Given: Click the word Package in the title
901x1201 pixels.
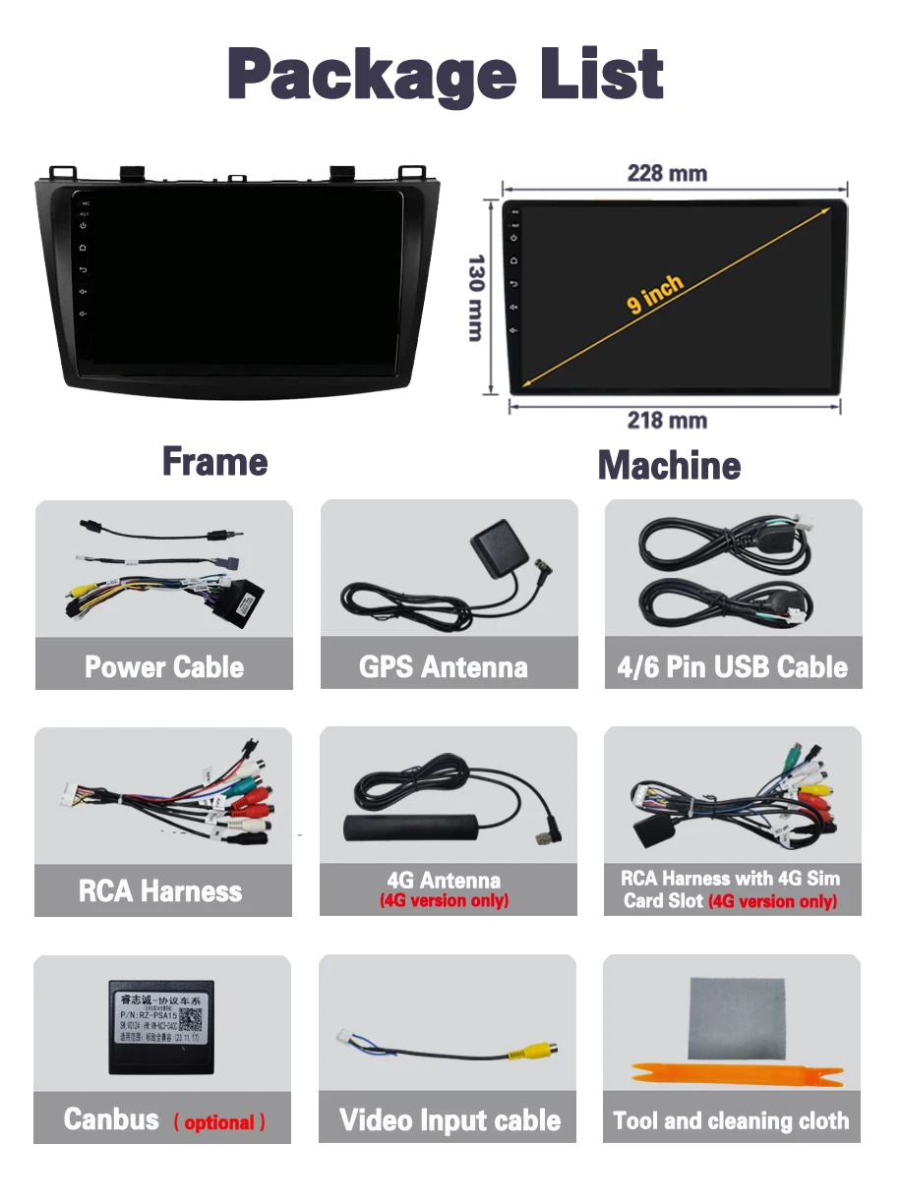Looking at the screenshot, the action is (372, 76).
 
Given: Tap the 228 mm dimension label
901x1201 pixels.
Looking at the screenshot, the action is (667, 174).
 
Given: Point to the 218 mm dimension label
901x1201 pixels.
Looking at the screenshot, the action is (667, 421).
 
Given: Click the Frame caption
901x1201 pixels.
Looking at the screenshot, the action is (214, 462).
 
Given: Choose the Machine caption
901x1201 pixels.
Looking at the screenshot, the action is (669, 465).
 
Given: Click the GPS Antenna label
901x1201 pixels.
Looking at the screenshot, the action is (444, 667).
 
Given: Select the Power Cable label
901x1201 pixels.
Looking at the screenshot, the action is (164, 667).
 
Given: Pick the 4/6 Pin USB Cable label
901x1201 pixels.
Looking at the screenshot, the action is (732, 667).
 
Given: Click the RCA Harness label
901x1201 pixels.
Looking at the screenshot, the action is (160, 891).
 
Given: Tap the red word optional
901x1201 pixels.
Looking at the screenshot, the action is (219, 1122).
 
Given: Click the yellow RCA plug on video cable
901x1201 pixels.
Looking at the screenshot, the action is (531, 1053).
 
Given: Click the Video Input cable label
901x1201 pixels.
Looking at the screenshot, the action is (450, 1120).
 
